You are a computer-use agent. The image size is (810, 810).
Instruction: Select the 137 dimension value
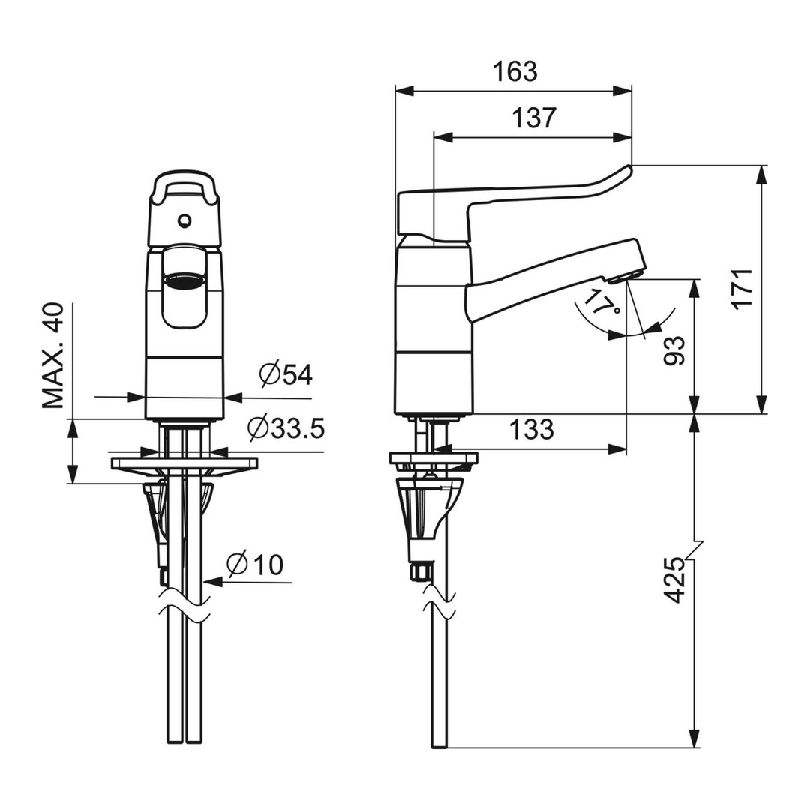point(534,118)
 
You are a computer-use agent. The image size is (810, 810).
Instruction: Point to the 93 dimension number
point(673,351)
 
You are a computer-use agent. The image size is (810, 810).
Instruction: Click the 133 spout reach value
point(532,429)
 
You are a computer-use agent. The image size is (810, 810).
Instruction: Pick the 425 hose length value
point(673,580)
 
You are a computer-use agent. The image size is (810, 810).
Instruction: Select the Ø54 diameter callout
point(286,374)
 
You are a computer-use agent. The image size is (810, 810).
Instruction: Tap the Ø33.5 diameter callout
point(286,427)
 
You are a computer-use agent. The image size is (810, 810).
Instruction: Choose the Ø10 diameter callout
point(255,564)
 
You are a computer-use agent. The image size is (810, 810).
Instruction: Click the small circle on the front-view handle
point(184,221)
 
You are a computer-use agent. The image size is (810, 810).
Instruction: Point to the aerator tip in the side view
point(626,278)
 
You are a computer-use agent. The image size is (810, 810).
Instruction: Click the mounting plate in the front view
point(184,463)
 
